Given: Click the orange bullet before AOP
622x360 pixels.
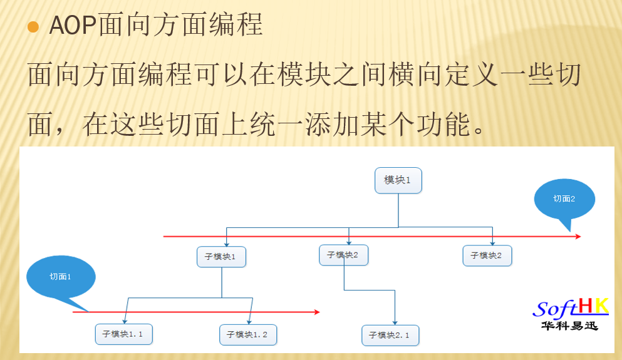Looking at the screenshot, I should click(33, 28).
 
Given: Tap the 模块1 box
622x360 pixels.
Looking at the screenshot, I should click(398, 180).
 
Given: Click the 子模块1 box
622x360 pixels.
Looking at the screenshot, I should click(220, 257).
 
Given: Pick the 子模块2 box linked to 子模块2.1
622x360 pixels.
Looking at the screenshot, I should click(343, 255).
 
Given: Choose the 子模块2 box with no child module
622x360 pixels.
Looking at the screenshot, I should click(487, 255).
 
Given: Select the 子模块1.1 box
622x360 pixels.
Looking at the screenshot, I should click(123, 334).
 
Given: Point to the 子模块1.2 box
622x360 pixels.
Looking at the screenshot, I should click(247, 335).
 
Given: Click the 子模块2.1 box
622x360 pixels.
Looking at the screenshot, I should click(390, 335).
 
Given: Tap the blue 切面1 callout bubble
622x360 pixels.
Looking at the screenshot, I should click(61, 277).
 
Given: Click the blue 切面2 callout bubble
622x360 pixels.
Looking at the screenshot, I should click(564, 199).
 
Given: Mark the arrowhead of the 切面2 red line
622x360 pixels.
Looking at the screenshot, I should click(578, 237).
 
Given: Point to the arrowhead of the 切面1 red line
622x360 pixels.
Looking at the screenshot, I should click(317, 312).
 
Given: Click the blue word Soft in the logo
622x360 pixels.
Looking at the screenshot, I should click(555, 309).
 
